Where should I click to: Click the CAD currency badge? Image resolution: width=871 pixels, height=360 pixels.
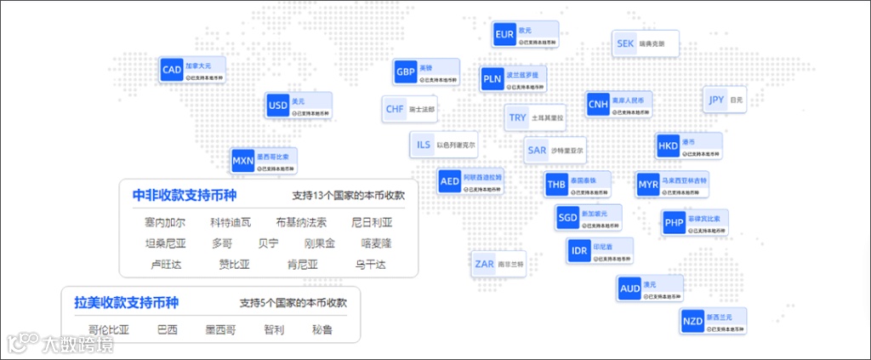[x=172, y=70]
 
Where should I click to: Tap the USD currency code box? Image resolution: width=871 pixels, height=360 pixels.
[x=278, y=106]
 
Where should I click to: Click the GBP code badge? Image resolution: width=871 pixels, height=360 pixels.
[x=405, y=71]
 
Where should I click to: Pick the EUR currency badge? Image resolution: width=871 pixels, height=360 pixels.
[x=504, y=35]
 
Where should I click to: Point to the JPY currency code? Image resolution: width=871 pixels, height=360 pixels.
[x=716, y=100]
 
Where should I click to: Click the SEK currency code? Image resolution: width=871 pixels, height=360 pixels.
[x=625, y=43]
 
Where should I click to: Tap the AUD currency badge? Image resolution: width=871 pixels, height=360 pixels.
[x=630, y=289]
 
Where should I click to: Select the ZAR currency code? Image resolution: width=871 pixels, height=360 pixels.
[x=485, y=264]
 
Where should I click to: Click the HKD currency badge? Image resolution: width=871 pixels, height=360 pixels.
[x=668, y=146]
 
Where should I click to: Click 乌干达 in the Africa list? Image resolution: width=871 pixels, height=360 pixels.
[x=371, y=264]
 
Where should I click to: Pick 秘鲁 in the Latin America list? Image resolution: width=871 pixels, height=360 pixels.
[x=322, y=329]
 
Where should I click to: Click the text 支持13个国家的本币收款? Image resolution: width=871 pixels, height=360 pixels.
[x=348, y=195]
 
